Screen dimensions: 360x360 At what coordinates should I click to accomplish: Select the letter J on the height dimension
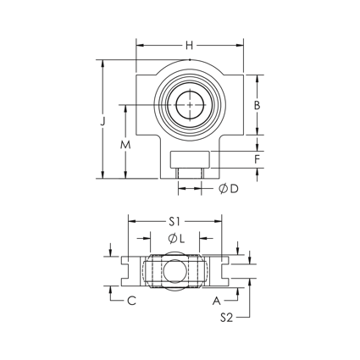102,121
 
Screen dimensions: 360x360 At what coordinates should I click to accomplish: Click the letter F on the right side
257,158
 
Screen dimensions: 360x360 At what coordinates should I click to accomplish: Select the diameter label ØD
227,189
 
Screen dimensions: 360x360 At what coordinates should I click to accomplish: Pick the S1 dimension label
174,221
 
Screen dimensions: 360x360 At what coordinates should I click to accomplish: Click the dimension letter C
130,300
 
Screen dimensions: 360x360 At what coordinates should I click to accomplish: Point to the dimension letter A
217,300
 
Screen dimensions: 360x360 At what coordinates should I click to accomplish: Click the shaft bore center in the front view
190,104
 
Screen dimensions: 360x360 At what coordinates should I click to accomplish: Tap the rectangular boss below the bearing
190,158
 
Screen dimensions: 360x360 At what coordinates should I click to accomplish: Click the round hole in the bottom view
174,271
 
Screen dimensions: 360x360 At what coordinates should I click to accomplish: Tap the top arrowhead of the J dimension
102,62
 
